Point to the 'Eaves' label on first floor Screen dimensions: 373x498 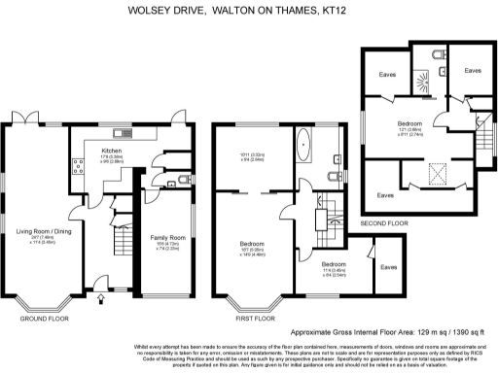click(x=389, y=266)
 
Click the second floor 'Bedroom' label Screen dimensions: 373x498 click(x=409, y=124)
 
